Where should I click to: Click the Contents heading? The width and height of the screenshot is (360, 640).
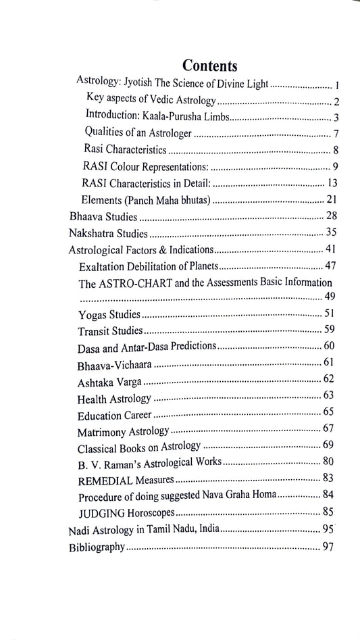click(x=209, y=66)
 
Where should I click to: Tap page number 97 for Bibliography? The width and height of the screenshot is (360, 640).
click(x=328, y=547)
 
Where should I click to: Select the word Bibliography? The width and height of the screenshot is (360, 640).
click(x=97, y=548)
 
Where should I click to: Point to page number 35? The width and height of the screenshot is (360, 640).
click(x=330, y=233)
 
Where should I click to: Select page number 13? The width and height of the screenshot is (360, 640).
click(x=332, y=183)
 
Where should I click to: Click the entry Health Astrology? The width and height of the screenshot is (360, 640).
click(x=115, y=398)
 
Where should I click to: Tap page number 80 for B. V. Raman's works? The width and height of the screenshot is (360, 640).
click(x=329, y=463)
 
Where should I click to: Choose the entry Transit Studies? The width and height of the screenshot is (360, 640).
click(x=110, y=332)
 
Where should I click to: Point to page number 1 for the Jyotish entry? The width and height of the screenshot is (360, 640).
click(x=336, y=86)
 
